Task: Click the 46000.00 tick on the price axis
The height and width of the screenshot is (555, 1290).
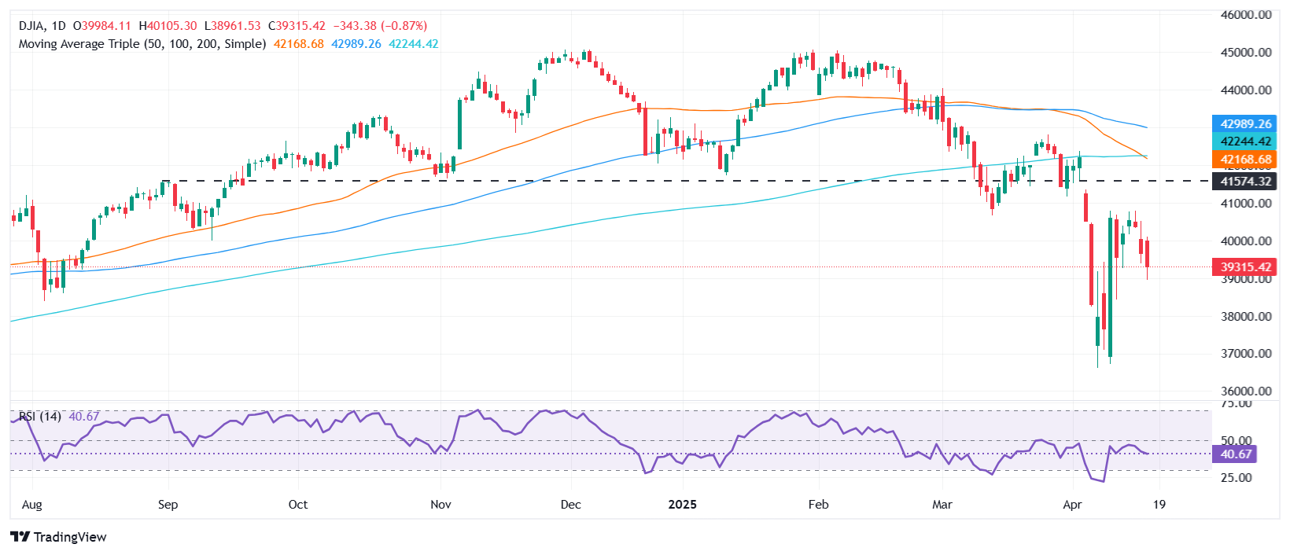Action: tap(1246, 15)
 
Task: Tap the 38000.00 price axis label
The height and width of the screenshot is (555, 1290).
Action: tap(1246, 317)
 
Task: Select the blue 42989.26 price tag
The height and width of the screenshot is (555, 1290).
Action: tap(1246, 124)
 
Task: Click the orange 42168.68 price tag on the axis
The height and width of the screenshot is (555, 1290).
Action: tap(1246, 160)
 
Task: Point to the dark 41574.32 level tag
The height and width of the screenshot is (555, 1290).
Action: tap(1246, 182)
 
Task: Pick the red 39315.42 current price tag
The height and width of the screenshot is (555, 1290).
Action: tap(1246, 267)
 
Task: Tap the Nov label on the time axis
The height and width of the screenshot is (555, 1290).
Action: tap(440, 505)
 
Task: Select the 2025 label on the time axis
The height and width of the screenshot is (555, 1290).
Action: tap(682, 505)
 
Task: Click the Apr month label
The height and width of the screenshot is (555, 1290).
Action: tap(1072, 505)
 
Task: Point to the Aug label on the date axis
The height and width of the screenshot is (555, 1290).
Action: tap(31, 505)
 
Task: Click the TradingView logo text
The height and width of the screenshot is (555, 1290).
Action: tap(59, 537)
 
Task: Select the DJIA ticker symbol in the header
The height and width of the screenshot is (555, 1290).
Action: tap(31, 26)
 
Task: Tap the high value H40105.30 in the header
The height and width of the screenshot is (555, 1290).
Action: tap(168, 26)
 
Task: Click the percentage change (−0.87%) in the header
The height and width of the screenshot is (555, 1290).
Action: tap(403, 26)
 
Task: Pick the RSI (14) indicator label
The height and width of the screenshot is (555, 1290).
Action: tap(39, 417)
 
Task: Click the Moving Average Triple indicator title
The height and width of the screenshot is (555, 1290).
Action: tap(142, 44)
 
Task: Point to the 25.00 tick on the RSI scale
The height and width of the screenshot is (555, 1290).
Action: tap(1235, 478)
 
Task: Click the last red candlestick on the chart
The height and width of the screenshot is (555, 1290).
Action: tap(1148, 253)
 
